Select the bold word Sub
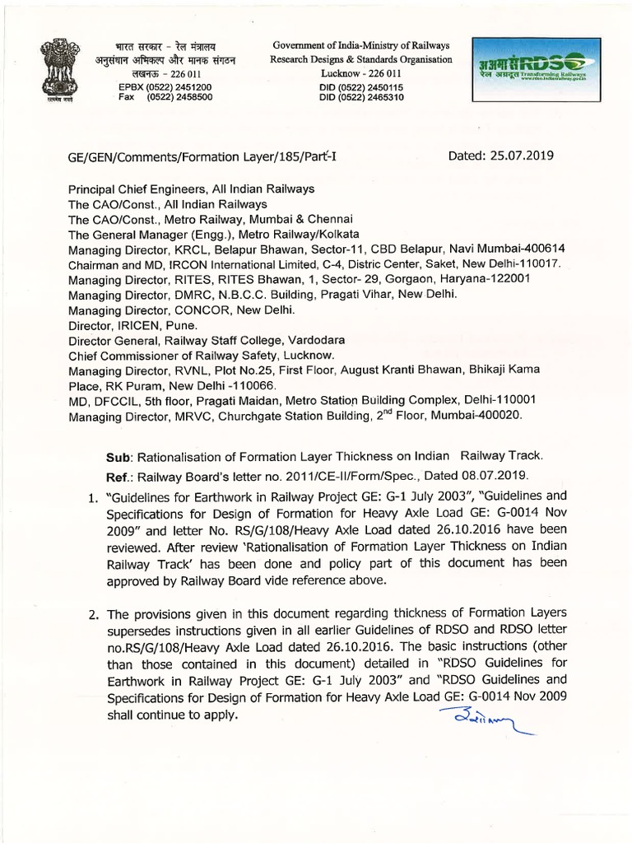[x=118, y=456]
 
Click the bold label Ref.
[x=118, y=476]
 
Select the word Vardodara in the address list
[x=314, y=340]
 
